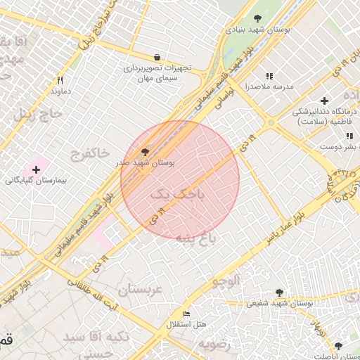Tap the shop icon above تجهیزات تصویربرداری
click(157, 57)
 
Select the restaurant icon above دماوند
click(60, 80)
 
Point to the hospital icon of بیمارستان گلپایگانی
click(36, 169)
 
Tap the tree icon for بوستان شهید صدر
click(146, 151)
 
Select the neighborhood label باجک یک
click(177, 195)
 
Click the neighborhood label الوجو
click(225, 281)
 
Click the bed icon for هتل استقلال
click(186, 314)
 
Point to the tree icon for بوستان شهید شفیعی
click(279, 292)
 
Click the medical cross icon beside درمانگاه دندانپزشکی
click(324, 101)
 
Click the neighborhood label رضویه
click(214, 345)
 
